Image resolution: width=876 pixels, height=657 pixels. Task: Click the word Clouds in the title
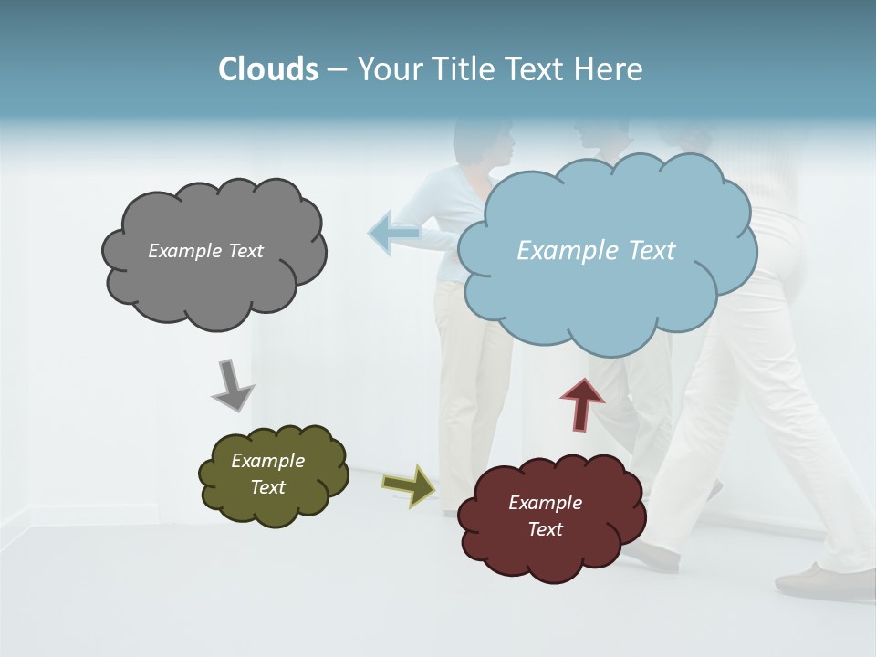point(267,69)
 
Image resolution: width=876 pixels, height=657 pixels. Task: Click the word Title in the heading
point(461,69)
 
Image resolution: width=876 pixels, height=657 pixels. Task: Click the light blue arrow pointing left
point(393,234)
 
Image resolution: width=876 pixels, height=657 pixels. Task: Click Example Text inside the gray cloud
point(205,251)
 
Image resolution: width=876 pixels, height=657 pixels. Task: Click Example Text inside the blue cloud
point(596,251)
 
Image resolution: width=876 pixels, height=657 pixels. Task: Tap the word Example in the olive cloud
point(267,461)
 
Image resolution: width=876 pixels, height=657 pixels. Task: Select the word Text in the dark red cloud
point(545,529)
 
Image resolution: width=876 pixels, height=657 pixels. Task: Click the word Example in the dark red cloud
point(545,503)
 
